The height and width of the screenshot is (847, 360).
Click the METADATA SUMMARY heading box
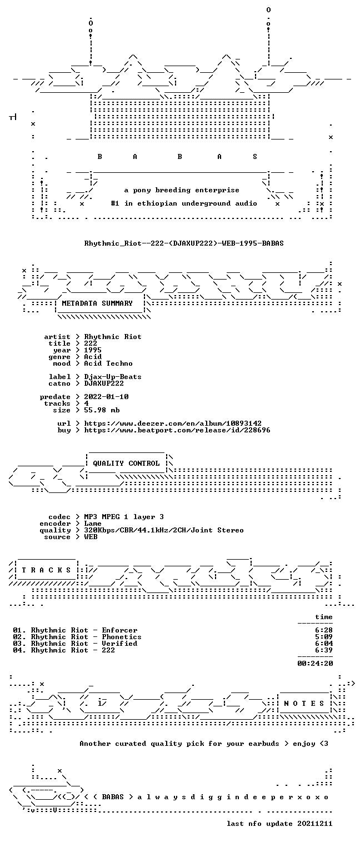coord(97,303)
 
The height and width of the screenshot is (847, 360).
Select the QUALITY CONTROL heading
coord(126,464)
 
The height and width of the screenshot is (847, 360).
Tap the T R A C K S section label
coord(47,570)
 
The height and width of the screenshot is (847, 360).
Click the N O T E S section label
coord(304,703)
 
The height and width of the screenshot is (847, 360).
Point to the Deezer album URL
coord(173,423)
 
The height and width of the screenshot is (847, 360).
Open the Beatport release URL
coord(177,430)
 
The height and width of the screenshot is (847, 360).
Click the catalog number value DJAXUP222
coord(104,383)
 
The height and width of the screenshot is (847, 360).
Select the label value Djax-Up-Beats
coord(113,377)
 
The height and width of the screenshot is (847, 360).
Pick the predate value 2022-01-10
coord(106,397)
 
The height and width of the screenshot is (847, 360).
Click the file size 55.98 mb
coord(102,410)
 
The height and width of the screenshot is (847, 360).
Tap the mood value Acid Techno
coord(108,364)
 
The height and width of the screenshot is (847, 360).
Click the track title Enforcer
coord(119,630)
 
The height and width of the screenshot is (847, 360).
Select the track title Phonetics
coord(122,637)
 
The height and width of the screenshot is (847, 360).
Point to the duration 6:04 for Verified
coord(324,644)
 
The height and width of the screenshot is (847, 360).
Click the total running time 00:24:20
coord(315,664)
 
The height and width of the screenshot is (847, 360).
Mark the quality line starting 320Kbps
coord(164,531)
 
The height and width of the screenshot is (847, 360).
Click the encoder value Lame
coord(93,524)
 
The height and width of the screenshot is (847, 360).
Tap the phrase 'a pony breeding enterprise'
coord(182,190)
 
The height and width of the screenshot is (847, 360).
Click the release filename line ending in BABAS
coord(184,243)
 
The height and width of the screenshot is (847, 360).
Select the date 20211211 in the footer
coord(315,824)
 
